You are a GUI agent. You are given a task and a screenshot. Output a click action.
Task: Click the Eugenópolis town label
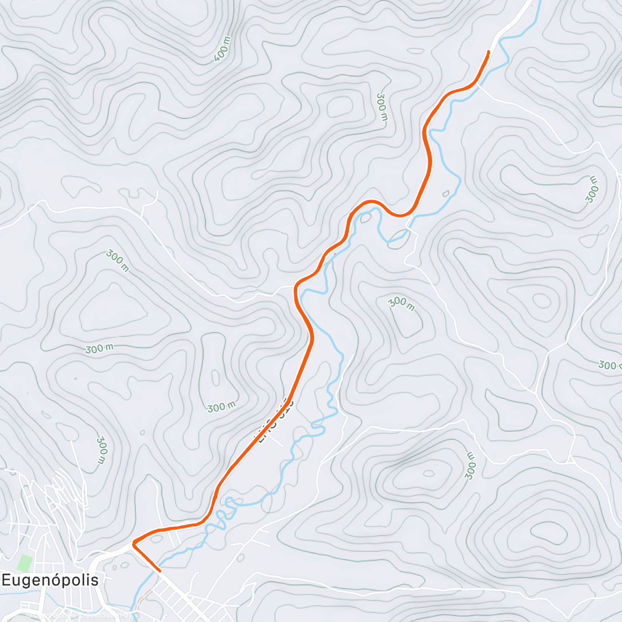point(50,579)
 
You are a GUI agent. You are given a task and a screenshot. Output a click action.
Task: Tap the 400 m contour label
point(222,50)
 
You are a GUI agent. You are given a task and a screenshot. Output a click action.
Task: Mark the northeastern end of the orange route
point(488,52)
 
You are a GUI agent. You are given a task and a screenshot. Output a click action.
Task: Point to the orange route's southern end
point(159,570)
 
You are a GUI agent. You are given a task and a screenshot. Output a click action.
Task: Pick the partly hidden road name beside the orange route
point(274,420)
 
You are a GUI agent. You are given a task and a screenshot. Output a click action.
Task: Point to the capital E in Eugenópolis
point(6,579)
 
